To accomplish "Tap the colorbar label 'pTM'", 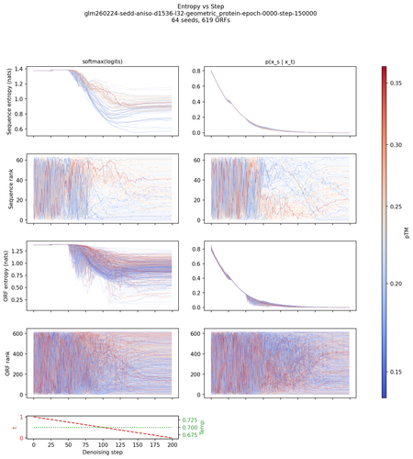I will click(x=406, y=232).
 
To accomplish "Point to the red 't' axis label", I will click(x=10, y=427).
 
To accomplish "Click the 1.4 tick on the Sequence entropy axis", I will click(x=22, y=70).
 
